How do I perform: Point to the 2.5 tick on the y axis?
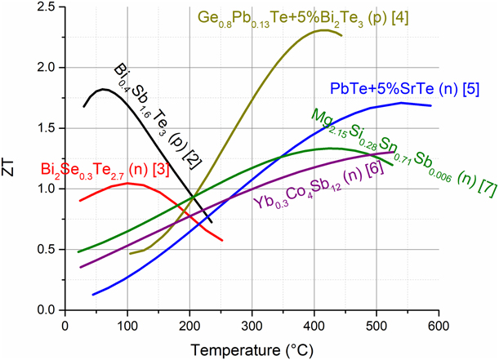coord(48,7)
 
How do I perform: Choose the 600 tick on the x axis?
coord(439,325)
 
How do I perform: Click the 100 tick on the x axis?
coord(127,325)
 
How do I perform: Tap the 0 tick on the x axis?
coord(65,325)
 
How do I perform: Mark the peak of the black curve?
coord(103,89)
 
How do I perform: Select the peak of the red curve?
coord(127,184)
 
